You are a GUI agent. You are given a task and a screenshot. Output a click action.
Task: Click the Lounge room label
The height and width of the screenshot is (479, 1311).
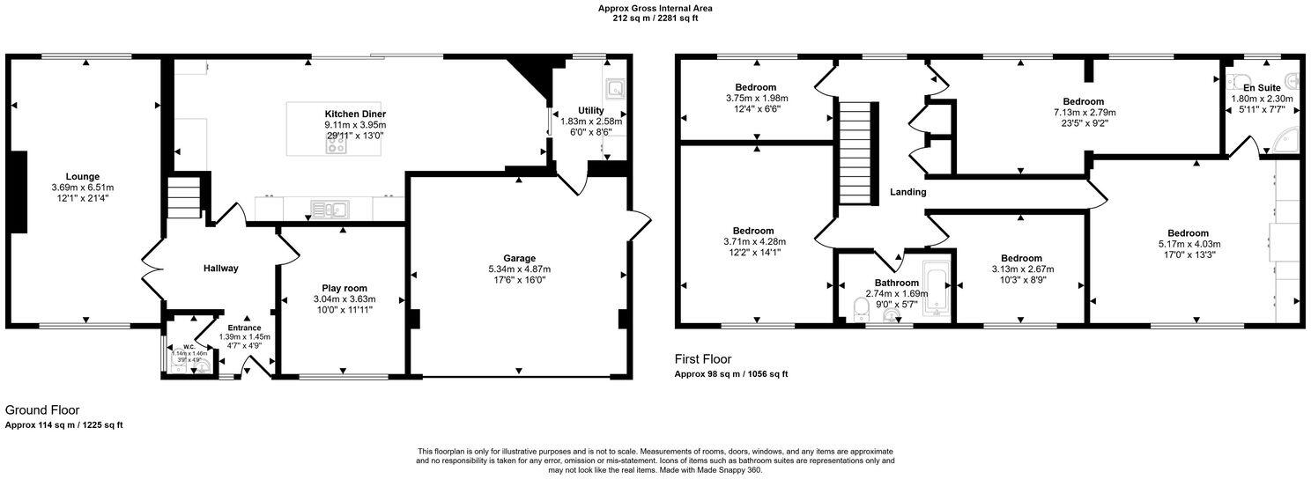88,176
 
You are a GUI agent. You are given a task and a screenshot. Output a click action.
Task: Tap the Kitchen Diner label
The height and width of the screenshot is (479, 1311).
355,114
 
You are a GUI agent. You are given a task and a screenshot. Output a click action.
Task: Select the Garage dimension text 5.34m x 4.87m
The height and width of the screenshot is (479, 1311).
519,269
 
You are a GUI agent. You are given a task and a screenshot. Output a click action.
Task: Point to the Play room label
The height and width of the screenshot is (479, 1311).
340,288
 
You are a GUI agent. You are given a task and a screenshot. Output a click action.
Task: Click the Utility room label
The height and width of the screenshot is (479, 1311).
591,110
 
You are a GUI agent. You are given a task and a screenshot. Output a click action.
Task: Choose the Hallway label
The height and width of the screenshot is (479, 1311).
221,269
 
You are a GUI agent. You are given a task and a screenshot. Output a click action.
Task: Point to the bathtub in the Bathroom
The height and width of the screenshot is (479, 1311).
934,287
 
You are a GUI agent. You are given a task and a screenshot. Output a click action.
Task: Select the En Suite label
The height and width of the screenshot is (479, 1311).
1261,88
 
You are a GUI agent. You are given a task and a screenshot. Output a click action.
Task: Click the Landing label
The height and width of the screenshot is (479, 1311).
907,192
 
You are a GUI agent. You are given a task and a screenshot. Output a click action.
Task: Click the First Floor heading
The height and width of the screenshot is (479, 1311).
703,359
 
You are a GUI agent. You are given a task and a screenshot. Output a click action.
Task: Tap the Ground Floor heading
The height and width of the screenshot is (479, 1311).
42,410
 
